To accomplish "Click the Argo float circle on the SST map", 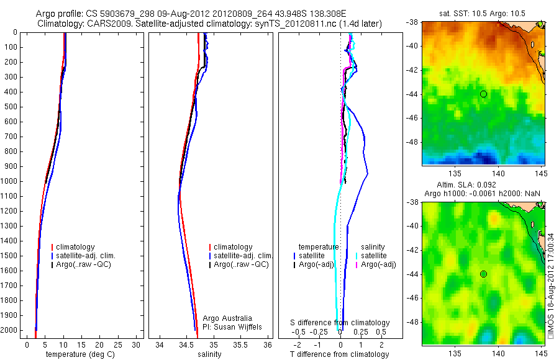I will coord(483,94).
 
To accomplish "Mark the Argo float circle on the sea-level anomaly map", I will coord(483,274).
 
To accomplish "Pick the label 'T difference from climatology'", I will coord(340,354).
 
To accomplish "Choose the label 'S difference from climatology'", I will coord(340,323).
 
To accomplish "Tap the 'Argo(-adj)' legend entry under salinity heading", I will coord(378,264).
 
